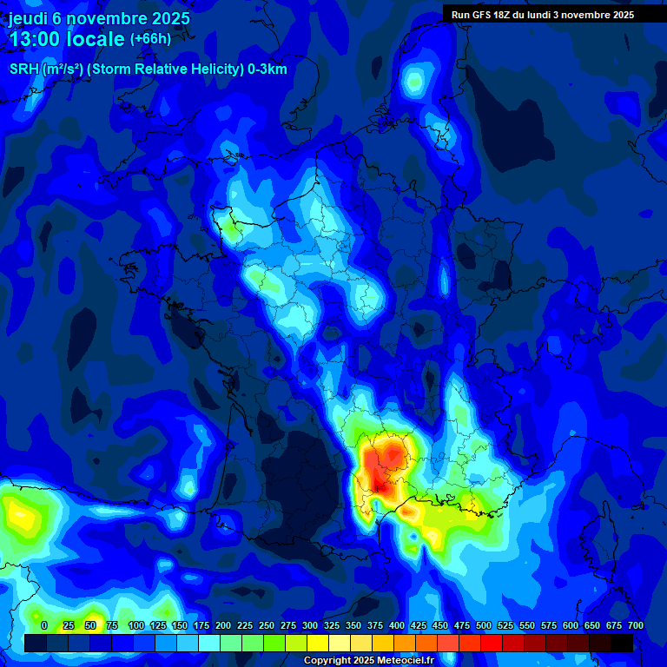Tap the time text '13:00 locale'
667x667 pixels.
tap(66, 39)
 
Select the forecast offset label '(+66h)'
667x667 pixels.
tap(150, 39)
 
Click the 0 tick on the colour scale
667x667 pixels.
tap(44, 625)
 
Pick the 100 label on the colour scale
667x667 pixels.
tap(135, 625)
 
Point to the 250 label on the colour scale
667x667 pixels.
tap(267, 625)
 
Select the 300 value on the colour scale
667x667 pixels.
tap(310, 625)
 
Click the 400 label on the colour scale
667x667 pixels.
tap(397, 625)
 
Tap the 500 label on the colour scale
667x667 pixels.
tap(484, 625)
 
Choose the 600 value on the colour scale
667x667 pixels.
tap(571, 625)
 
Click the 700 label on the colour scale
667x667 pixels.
tap(635, 625)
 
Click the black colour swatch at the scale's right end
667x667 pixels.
tap(622, 643)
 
